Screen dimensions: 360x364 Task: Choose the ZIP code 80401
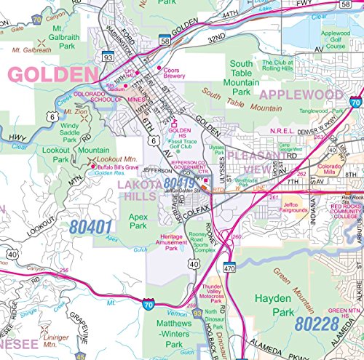tap(92, 206)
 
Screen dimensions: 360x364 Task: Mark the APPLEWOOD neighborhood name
tap(301, 95)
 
